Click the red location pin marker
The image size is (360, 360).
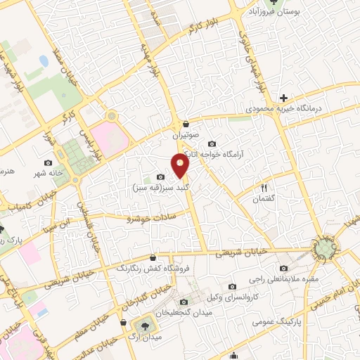(181, 167)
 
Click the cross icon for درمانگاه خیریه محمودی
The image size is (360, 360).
(283, 97)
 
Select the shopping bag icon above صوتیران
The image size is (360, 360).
(185, 122)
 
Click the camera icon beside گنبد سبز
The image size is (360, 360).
(160, 177)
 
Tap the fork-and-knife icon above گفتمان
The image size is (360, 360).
(264, 188)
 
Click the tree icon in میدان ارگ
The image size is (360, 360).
(146, 326)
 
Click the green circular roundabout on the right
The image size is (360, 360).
(324, 249)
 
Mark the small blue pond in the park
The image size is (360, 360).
(44, 61)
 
